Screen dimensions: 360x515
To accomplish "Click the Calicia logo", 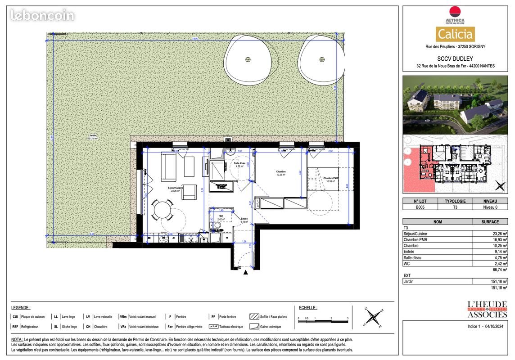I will coord(455,34).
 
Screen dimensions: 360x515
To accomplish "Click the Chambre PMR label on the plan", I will coord(330,179).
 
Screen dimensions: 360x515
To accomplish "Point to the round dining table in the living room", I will coord(162,210).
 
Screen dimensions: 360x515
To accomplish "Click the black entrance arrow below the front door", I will coord(245,272).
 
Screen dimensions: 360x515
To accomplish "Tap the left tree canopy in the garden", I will coord(248,59).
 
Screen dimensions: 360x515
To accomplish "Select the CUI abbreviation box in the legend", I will coord(15,317).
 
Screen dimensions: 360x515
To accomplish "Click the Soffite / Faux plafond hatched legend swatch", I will coord(253,317).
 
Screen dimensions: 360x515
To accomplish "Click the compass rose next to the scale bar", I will coord(373,317).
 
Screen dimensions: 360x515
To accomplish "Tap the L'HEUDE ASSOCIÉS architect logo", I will coord(487,309).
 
